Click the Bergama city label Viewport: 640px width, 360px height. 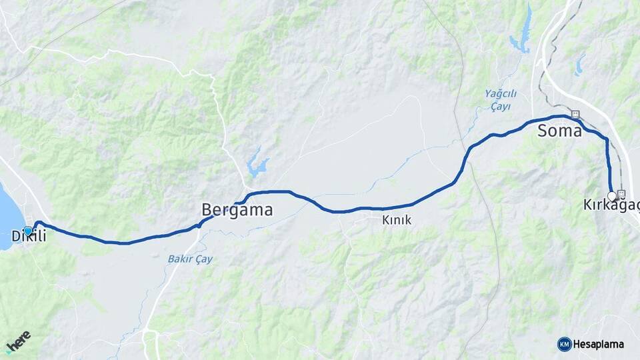[x=237, y=211]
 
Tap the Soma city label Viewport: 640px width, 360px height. [x=559, y=131]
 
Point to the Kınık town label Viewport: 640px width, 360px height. [x=397, y=220]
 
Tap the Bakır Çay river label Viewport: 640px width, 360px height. [x=190, y=259]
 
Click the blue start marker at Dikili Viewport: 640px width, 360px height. [x=27, y=231]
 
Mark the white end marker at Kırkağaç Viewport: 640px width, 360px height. [x=612, y=196]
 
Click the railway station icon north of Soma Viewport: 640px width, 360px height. [x=575, y=115]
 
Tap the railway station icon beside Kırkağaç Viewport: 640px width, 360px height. [x=622, y=194]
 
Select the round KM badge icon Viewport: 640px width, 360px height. [x=564, y=344]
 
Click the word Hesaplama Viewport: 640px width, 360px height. [x=599, y=345]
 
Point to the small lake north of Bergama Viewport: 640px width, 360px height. [x=257, y=164]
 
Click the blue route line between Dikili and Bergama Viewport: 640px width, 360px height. [x=120, y=243]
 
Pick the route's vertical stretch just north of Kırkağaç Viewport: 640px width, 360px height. [x=608, y=167]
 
